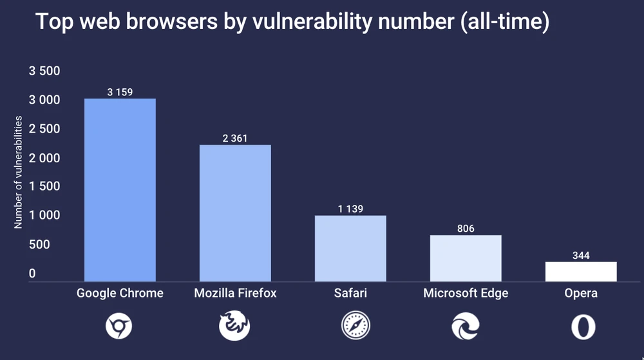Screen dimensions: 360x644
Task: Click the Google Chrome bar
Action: [120, 190]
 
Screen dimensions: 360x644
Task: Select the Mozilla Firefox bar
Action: [235, 213]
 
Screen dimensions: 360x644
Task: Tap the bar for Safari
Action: [350, 249]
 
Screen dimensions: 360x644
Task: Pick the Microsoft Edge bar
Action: [466, 258]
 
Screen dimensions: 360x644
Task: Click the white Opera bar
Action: [581, 272]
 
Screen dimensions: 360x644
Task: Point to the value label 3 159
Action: [120, 92]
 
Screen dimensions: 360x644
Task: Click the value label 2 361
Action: [235, 138]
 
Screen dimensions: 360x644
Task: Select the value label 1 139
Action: [350, 209]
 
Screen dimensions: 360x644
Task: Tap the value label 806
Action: [466, 229]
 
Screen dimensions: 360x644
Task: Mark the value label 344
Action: [581, 256]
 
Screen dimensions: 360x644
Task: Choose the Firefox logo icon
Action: [234, 327]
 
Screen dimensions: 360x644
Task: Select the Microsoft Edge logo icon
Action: [465, 327]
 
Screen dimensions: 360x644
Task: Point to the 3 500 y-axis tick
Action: [44, 71]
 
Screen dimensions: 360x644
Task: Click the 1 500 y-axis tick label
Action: [44, 187]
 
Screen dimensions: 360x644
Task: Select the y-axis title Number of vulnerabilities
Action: [19, 173]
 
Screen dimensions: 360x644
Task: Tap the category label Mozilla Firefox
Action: [235, 294]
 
